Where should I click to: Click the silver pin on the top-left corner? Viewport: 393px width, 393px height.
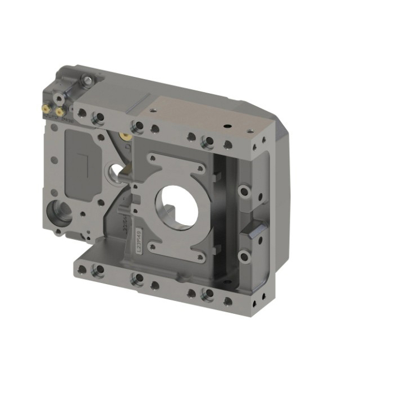point(88,81)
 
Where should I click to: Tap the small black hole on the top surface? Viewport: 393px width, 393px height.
point(227,127)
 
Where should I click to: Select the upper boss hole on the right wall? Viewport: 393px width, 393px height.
point(244,191)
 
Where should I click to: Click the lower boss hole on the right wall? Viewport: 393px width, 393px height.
point(244,257)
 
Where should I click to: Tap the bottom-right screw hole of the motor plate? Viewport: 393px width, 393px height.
point(200,258)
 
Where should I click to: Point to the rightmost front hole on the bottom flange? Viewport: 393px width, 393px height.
point(228,301)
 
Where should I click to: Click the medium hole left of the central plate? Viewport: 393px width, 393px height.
point(115,169)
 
